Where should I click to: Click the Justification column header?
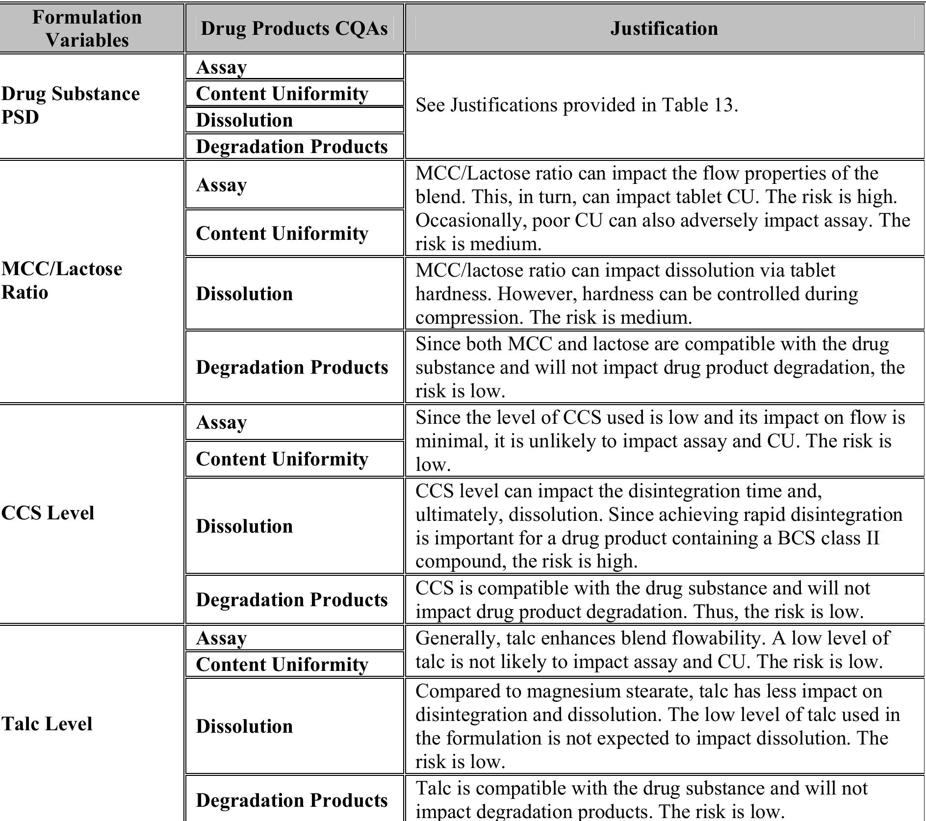(x=664, y=28)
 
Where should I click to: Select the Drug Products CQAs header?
(x=294, y=28)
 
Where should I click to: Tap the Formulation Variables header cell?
(x=87, y=28)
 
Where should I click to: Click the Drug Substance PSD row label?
(x=70, y=105)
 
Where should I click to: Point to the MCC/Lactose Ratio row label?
(x=61, y=280)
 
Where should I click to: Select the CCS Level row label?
(x=48, y=513)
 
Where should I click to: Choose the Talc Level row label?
(x=47, y=724)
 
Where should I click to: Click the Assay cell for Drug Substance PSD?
(x=221, y=67)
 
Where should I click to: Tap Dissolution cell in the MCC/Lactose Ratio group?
(x=244, y=294)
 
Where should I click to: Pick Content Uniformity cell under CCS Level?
(x=282, y=459)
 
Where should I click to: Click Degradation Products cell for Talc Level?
(x=292, y=800)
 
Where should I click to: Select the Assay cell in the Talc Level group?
(x=221, y=638)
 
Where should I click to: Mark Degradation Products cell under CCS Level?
(x=292, y=600)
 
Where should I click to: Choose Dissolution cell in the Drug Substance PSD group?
(x=244, y=120)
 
